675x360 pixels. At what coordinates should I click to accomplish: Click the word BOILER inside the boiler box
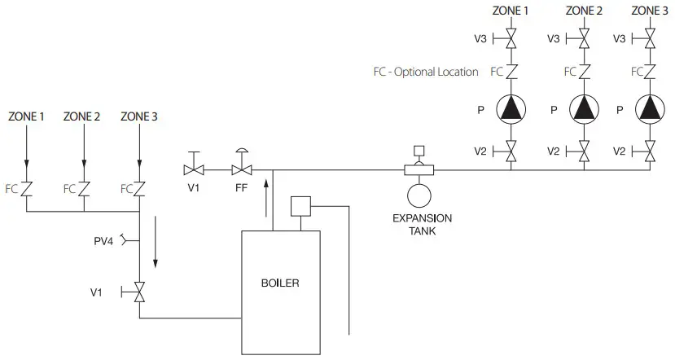point(280,283)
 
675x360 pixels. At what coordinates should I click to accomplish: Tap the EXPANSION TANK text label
point(422,224)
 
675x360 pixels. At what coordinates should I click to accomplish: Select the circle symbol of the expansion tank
point(419,195)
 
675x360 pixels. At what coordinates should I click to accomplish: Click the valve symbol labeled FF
point(242,169)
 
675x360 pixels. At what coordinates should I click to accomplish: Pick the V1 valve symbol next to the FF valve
point(194,169)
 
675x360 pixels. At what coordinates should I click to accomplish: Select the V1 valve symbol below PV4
point(139,292)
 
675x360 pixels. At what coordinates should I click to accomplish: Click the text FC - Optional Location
point(421,72)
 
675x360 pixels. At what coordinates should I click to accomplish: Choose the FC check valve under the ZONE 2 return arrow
point(83,188)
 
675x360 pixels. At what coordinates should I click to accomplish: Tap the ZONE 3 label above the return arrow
point(139,116)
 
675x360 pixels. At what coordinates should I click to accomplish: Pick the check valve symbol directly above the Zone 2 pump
point(584,72)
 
